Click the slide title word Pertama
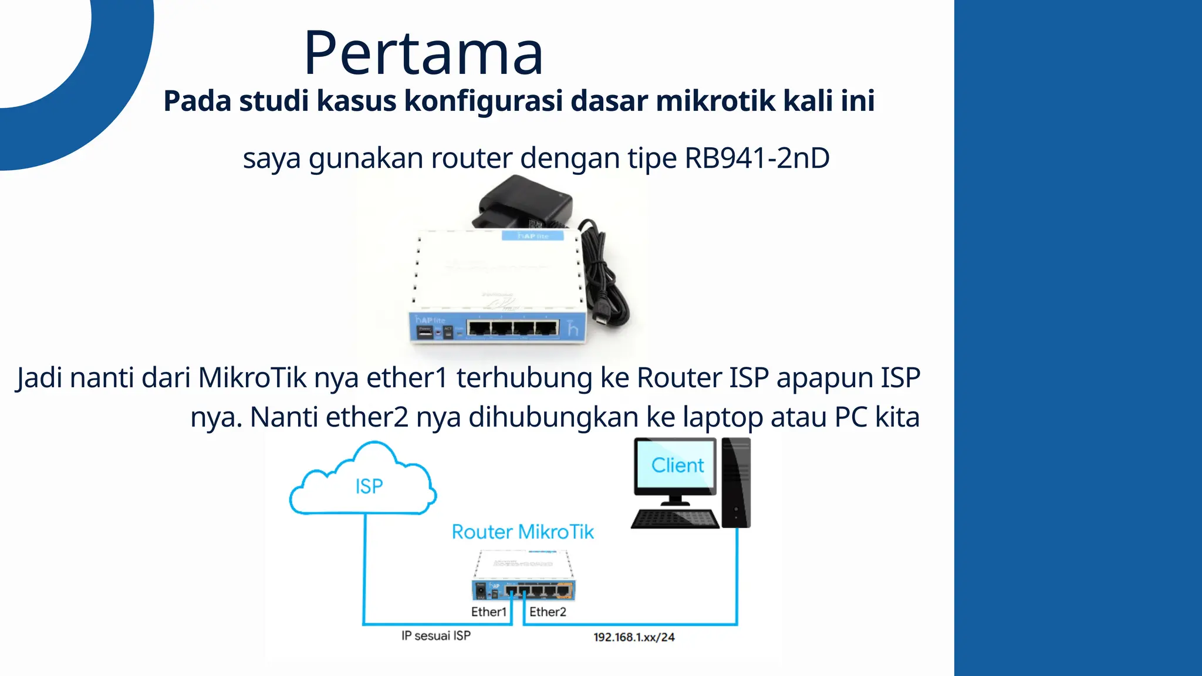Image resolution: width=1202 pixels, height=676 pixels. point(423,54)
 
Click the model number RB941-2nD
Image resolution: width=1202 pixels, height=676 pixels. point(757,158)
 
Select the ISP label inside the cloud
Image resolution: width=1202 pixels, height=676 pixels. point(369,486)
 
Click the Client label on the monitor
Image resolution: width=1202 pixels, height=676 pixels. point(677,465)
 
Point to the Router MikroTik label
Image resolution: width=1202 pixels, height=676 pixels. point(522,532)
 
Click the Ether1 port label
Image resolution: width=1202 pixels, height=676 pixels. point(488,612)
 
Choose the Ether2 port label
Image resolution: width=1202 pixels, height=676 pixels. point(548,612)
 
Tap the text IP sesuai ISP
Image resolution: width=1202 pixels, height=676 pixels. point(435,636)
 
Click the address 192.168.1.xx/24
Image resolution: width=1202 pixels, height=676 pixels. point(634,637)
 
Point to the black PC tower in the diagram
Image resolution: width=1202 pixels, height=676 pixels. point(736,482)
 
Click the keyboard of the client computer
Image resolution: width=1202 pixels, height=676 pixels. point(675,519)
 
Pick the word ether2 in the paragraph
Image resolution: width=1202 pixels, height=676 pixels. point(367,418)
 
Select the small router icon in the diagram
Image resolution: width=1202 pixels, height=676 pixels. point(524,576)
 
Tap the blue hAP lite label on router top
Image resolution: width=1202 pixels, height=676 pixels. point(533,236)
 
